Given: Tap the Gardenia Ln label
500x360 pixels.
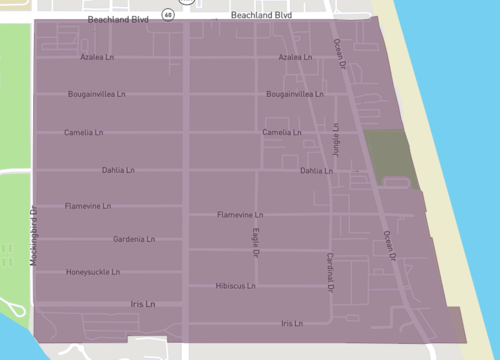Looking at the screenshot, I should tap(134, 240).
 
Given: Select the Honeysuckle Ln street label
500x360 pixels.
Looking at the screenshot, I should tap(93, 272).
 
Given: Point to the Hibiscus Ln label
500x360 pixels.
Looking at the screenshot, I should tap(236, 286).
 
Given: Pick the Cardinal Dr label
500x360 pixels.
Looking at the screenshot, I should tap(329, 272).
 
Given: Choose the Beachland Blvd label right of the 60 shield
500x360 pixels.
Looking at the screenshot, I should tap(261, 16).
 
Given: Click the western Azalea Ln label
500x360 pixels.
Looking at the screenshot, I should tap(99, 57).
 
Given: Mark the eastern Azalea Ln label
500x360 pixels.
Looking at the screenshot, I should tap(296, 57).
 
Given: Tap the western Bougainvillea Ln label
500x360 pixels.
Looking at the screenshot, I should tap(96, 95).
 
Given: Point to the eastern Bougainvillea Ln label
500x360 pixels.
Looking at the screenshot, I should tap(295, 94).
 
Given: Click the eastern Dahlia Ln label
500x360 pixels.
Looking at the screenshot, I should tap(317, 171).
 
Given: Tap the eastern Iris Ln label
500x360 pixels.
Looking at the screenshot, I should tap(292, 324).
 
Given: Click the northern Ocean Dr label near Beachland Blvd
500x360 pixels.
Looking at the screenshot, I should tap(339, 47).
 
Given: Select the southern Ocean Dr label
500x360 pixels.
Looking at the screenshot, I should tap(390, 246).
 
